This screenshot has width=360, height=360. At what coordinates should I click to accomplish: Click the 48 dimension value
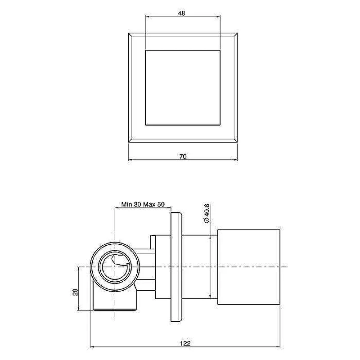pyautogui.click(x=181, y=13)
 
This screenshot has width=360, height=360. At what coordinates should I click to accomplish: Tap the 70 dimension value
pyautogui.click(x=183, y=157)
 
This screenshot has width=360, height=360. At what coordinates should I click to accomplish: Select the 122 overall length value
pyautogui.click(x=185, y=343)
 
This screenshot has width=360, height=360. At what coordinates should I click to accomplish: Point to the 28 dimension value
pyautogui.click(x=75, y=292)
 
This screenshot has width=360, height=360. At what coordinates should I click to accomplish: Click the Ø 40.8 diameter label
pyautogui.click(x=207, y=213)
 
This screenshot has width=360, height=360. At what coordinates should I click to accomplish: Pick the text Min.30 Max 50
pyautogui.click(x=143, y=204)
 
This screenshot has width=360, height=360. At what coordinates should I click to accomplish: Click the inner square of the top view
pyautogui.click(x=183, y=88)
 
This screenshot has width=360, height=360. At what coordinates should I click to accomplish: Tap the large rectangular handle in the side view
pyautogui.click(x=249, y=267)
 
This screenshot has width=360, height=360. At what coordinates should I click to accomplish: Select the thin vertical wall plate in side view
pyautogui.click(x=176, y=267)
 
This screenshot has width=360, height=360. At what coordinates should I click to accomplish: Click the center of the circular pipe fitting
pyautogui.click(x=115, y=267)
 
